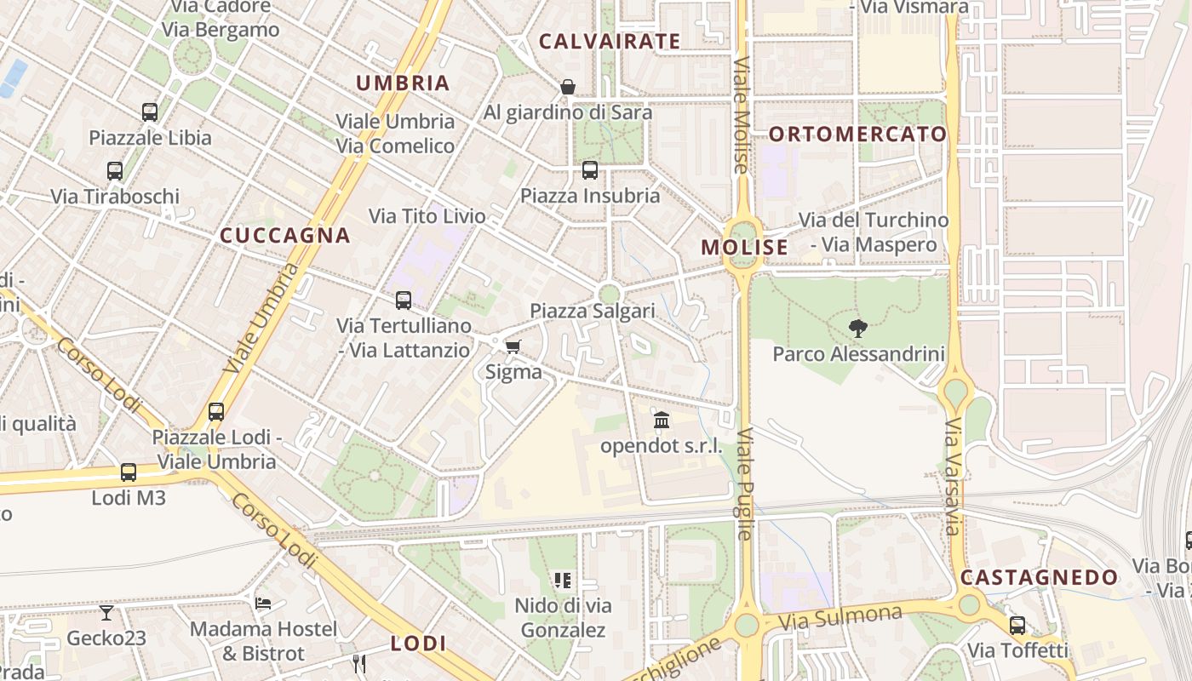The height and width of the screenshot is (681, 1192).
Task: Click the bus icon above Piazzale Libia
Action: (150, 112)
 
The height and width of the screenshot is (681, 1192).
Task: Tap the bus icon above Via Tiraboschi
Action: (115, 171)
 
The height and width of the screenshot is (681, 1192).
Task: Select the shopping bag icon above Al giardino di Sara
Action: (568, 87)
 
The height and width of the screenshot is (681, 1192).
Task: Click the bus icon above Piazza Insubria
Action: (590, 170)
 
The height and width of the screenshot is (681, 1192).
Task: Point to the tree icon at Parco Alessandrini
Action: (858, 328)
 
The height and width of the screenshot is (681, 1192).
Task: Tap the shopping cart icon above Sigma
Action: (513, 346)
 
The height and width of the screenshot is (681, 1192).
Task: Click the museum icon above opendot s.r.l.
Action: (662, 420)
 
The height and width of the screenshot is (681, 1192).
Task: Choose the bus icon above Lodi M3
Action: (129, 472)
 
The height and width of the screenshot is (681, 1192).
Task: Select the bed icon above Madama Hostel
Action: (263, 604)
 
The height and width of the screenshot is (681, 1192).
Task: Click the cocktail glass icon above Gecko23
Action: (106, 612)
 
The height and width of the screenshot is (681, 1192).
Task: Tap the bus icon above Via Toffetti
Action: (1017, 626)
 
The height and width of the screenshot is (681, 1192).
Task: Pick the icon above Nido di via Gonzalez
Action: (563, 581)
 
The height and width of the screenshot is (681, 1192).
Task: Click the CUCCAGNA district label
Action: (285, 236)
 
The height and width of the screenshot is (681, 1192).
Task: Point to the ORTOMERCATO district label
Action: (858, 134)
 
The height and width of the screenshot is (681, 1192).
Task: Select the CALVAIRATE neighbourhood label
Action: (610, 41)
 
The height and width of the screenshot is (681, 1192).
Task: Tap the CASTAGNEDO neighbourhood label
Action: (1040, 577)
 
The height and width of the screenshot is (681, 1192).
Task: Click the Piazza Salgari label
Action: (593, 311)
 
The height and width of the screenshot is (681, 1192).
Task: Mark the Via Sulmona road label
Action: (840, 618)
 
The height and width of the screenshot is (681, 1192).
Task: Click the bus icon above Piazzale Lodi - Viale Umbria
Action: (216, 412)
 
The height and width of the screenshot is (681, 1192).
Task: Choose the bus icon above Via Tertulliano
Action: (404, 300)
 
